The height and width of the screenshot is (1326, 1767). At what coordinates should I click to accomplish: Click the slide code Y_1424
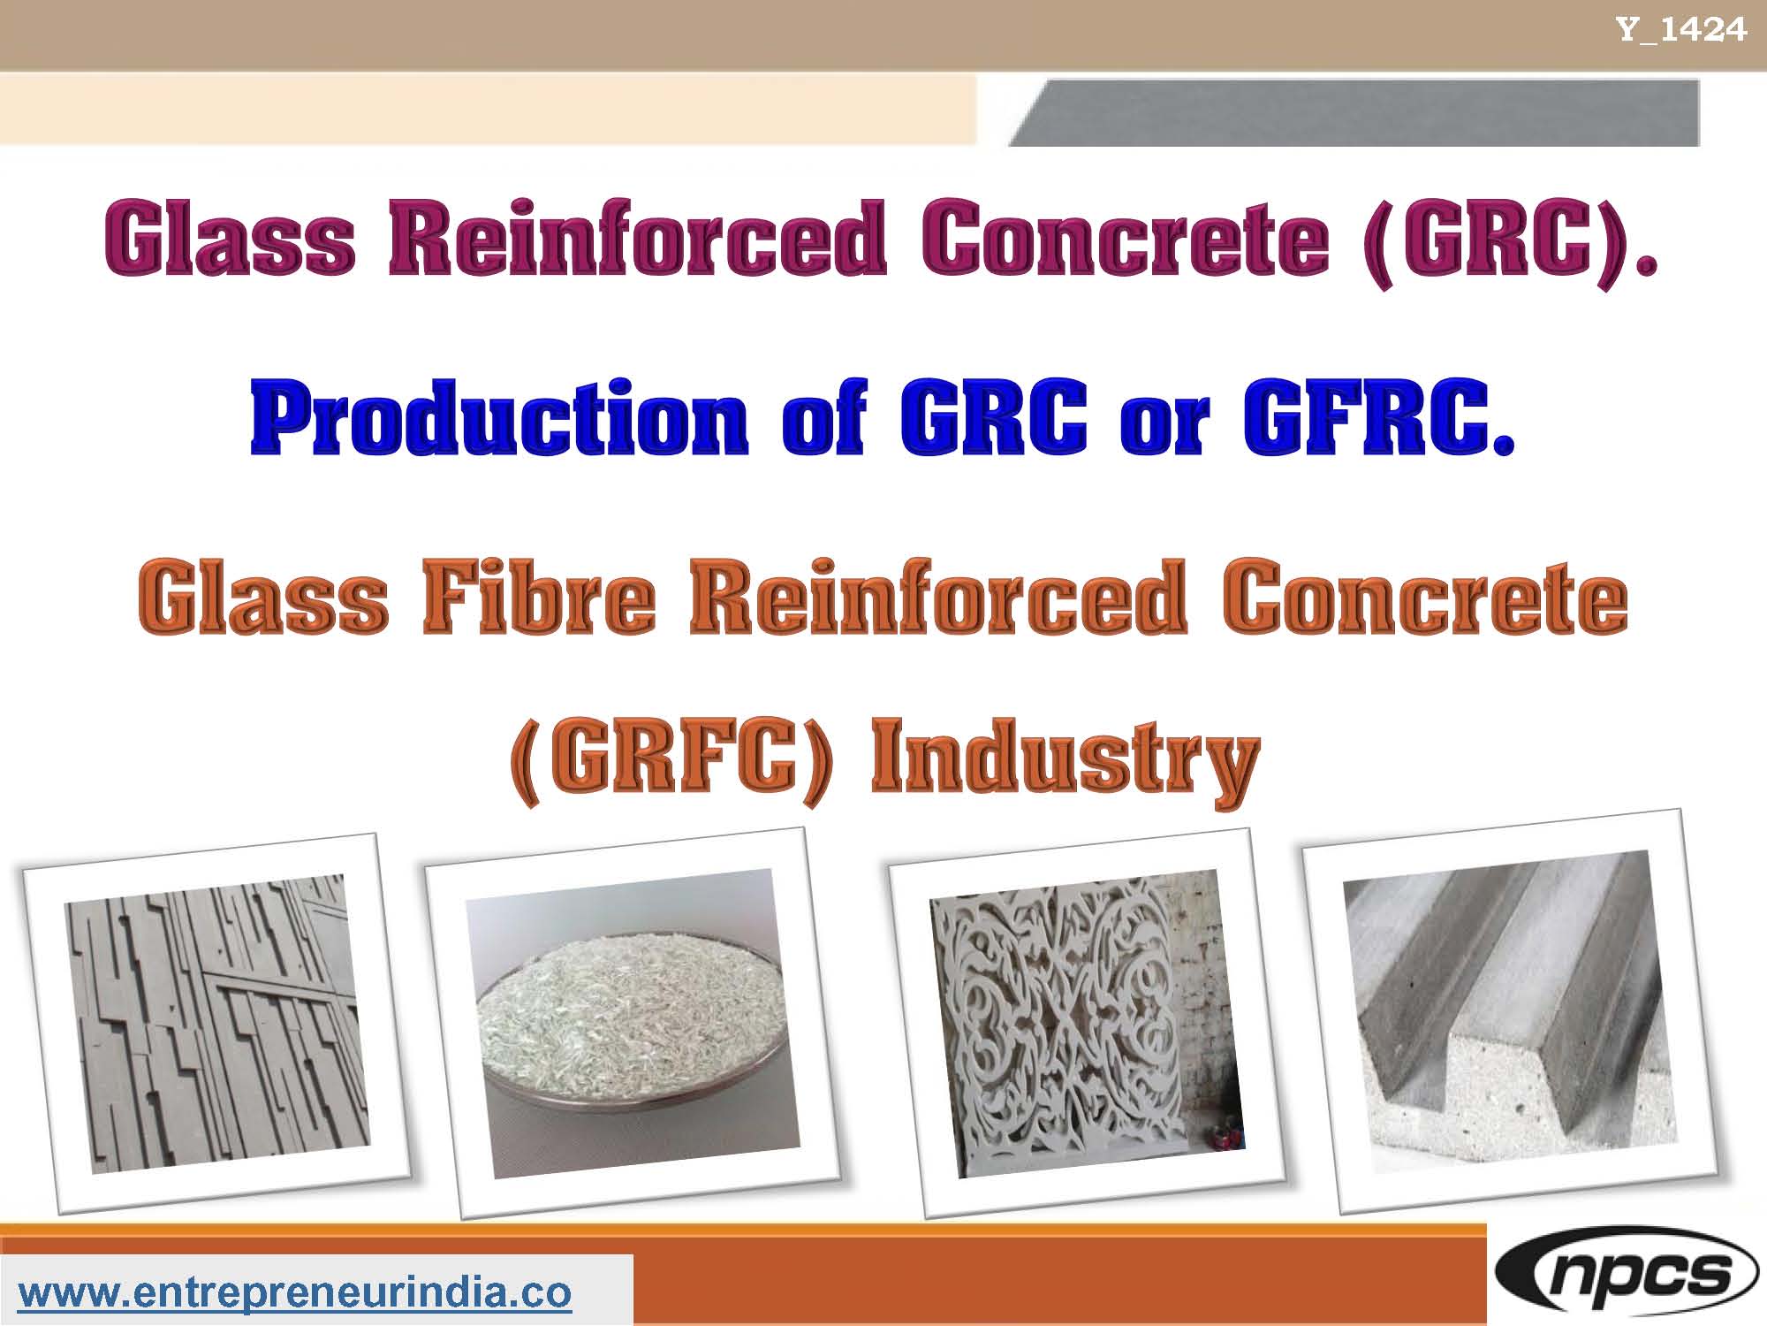1681,30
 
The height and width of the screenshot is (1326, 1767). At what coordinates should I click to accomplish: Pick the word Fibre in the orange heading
539,598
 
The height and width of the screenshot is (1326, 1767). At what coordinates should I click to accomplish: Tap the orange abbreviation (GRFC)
671,760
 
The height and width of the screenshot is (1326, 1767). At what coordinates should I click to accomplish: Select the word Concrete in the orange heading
1424,598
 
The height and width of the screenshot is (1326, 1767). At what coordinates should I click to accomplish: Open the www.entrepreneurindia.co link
295,1292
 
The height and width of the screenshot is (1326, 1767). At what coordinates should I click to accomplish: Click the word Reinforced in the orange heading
937,598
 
